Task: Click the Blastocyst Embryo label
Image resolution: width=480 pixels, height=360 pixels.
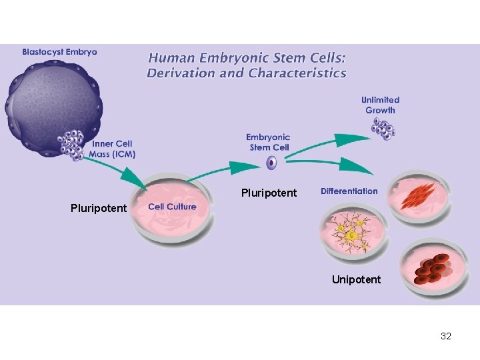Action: pos(59,51)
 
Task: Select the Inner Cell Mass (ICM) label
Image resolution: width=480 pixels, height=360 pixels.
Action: pos(113,149)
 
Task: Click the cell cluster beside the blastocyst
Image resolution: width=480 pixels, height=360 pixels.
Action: pos(71,143)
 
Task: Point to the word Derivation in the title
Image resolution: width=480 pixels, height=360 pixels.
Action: pos(181,73)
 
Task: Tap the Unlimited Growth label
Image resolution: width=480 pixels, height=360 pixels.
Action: pos(380,105)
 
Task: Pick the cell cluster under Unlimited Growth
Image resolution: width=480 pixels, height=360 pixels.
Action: pos(383,129)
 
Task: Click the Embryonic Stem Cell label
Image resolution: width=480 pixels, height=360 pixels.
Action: pos(269,142)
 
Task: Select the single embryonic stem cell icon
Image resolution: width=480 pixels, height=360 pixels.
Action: pos(271,163)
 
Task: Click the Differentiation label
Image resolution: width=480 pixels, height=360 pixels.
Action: pos(349,191)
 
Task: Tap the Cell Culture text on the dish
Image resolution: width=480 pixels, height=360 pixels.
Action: pos(172,207)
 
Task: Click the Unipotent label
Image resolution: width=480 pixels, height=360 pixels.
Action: pos(356,279)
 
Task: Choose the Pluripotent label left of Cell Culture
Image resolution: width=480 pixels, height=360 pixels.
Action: pos(98,208)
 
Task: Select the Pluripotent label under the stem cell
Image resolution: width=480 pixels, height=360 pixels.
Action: pos(269,193)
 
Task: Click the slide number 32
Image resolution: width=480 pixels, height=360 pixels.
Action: pos(445,336)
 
